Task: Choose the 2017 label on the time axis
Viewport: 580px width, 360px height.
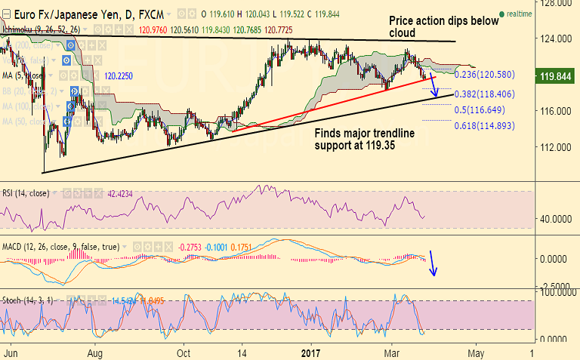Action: coord(310,352)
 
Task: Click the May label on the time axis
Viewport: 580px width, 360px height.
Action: coord(476,352)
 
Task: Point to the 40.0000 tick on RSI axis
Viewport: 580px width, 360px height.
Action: coord(552,219)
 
